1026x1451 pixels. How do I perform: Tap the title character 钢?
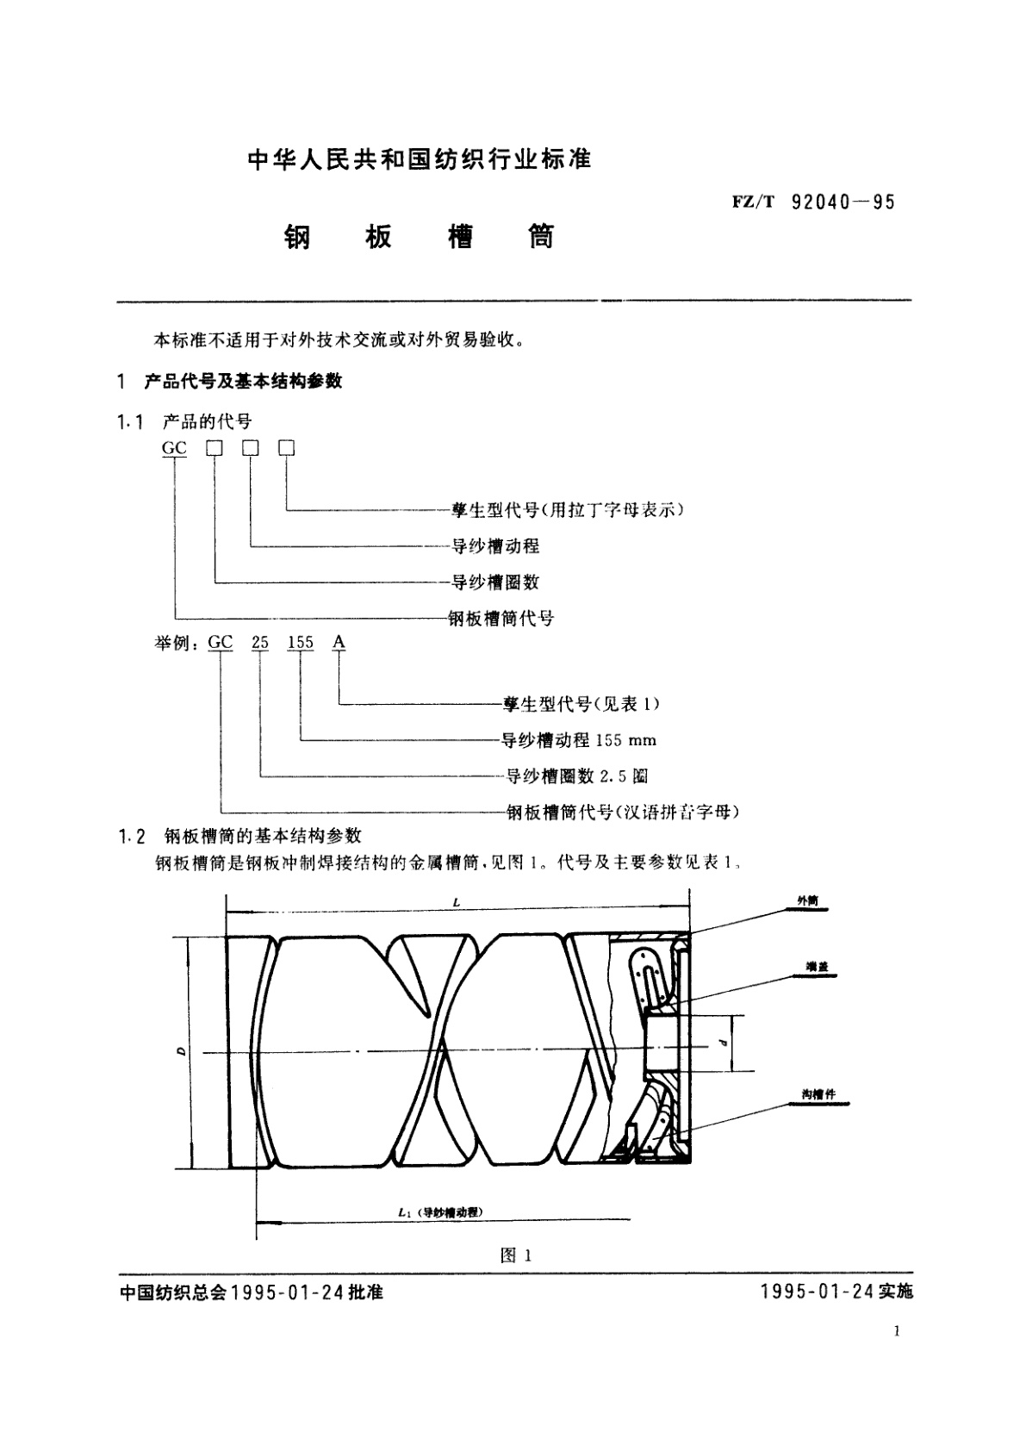[296, 237]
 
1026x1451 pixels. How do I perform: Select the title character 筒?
[541, 237]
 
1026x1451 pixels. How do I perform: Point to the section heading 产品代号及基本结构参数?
[243, 381]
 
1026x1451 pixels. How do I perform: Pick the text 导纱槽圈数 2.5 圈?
[576, 776]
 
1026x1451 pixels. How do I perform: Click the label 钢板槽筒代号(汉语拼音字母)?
[622, 812]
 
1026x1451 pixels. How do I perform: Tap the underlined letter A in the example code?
[339, 643]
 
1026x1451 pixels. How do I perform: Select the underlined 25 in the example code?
[260, 643]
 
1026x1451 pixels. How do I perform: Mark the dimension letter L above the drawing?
[457, 902]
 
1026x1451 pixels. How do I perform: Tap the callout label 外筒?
[807, 901]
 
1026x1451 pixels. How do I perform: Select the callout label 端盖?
[810, 968]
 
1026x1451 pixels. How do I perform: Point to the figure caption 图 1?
[516, 1256]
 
